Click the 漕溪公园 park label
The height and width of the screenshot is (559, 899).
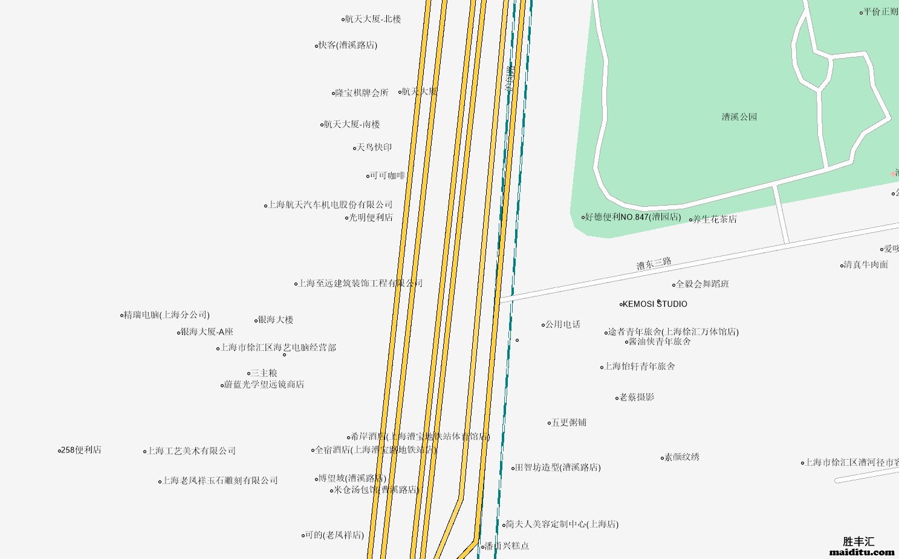739,117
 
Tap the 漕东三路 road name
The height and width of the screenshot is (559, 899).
654,263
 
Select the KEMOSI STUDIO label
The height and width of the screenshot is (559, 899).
654,304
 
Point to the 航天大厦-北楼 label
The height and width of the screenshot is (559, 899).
372,19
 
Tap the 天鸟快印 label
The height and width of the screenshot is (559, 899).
374,148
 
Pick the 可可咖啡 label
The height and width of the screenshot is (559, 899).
387,176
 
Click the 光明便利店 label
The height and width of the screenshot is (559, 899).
370,218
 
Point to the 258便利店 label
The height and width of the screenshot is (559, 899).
81,450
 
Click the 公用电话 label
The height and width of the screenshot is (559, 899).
562,325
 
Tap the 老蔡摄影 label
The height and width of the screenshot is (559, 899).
637,397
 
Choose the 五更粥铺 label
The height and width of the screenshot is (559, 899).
568,423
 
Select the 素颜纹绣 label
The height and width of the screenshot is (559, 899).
681,457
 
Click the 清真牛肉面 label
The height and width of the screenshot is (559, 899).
866,265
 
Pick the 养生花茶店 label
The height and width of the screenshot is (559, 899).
714,220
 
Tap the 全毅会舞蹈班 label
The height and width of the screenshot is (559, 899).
702,284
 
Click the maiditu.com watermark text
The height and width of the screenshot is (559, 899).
862,552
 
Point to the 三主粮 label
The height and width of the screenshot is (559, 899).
264,373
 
